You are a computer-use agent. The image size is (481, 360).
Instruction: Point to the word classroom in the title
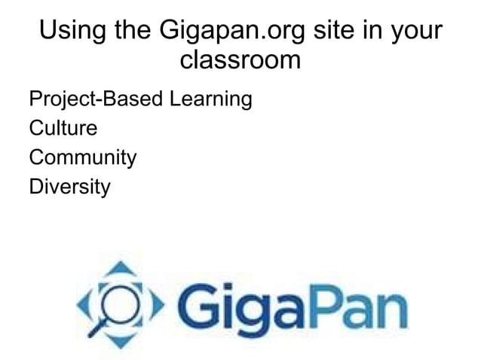[240, 59]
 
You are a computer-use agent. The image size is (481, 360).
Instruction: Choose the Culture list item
[63, 128]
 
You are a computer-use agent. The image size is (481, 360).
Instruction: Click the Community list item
[82, 158]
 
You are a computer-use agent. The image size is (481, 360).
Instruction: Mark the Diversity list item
[69, 187]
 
